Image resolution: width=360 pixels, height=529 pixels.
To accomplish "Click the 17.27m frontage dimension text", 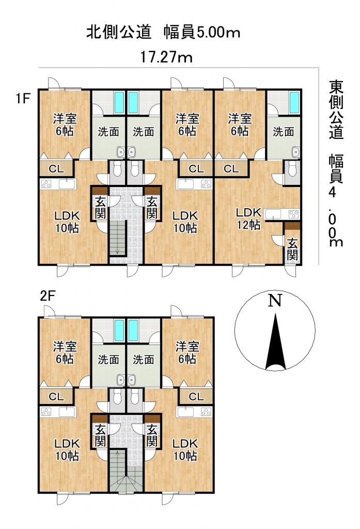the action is [x=166, y=57].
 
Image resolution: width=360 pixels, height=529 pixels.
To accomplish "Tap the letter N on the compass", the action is [x=275, y=300].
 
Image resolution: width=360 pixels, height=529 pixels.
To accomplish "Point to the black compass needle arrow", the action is [x=276, y=341].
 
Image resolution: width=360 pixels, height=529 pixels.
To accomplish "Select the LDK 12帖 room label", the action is [x=248, y=219].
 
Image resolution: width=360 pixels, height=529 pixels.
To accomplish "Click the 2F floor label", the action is [x=47, y=296].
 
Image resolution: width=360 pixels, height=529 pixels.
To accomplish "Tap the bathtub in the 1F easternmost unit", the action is [x=294, y=102].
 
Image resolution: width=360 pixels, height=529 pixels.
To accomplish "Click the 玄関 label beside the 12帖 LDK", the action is [x=292, y=250].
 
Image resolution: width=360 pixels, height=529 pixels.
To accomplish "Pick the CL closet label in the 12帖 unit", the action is [x=231, y=168].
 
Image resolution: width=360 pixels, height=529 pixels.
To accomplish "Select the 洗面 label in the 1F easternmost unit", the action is [x=283, y=132].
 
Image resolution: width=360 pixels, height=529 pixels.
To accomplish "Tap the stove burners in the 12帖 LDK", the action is [x=293, y=214].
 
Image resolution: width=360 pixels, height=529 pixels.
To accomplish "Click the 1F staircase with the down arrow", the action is [x=118, y=238].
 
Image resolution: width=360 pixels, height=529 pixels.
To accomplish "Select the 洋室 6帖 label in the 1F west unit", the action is [x=65, y=125].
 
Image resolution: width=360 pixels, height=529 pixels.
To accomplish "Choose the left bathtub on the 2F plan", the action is [x=119, y=331].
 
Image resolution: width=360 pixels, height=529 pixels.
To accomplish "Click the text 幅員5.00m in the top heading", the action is [x=202, y=33].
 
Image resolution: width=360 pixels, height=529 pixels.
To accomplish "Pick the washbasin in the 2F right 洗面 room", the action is [x=131, y=380].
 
